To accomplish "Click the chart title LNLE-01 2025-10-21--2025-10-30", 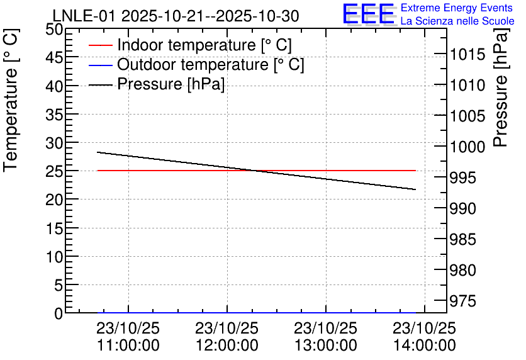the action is [x=176, y=16].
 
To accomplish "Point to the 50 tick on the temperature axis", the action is [x=54, y=30].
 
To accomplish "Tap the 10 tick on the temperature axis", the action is [x=54, y=257].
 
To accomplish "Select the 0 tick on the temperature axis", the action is [x=59, y=313].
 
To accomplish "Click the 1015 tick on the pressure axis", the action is [x=467, y=54].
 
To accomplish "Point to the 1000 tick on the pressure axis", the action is [x=467, y=147].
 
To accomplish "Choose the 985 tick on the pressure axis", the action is [x=462, y=239].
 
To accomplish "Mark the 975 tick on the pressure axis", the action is [x=462, y=301].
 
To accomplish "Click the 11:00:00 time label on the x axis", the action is [x=128, y=346].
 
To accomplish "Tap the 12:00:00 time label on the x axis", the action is [x=227, y=346].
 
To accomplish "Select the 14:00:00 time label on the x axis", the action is [x=425, y=346].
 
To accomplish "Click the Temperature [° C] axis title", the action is [x=11, y=100].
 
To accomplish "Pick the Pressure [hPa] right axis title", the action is [x=501, y=87].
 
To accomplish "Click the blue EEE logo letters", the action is [x=369, y=14].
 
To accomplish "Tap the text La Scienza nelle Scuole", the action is [x=457, y=21].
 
